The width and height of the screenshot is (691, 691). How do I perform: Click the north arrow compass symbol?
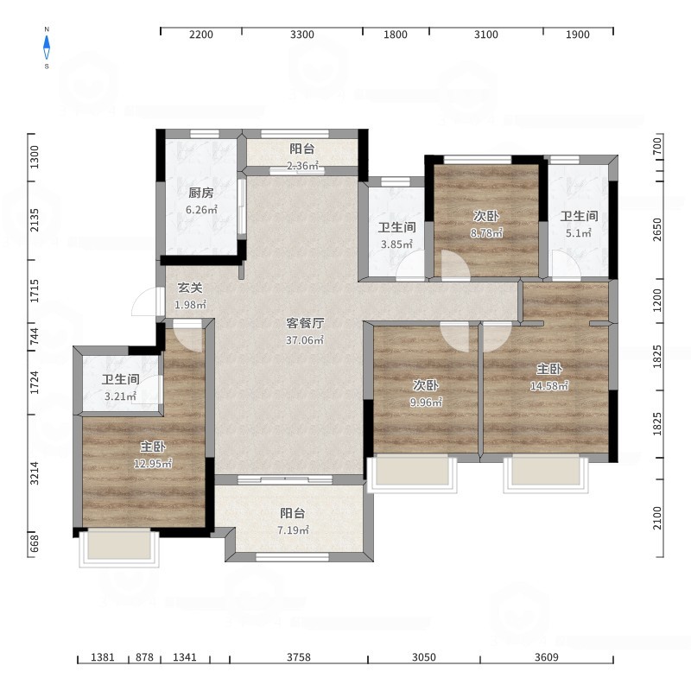click(x=47, y=48)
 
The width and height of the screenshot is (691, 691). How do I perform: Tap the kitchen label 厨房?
click(x=201, y=193)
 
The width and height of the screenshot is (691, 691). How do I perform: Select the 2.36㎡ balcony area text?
click(x=302, y=166)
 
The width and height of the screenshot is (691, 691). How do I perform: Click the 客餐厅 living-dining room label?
click(x=305, y=323)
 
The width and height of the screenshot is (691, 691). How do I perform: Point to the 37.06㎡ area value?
click(x=305, y=339)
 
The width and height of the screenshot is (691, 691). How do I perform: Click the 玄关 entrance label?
click(x=190, y=288)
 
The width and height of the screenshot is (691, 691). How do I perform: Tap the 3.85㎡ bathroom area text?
click(x=396, y=244)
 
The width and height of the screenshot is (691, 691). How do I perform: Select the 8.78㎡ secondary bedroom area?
click(x=486, y=232)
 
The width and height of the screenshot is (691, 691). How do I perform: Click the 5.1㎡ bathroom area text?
click(x=579, y=232)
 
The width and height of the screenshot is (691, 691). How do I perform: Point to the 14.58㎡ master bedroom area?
click(x=549, y=385)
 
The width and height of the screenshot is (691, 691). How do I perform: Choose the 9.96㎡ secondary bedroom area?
click(x=426, y=402)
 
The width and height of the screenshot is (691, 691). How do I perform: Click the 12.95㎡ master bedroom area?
click(x=153, y=463)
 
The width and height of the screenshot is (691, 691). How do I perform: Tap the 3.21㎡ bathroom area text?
click(x=120, y=396)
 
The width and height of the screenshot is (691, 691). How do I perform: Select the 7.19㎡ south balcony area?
click(x=293, y=529)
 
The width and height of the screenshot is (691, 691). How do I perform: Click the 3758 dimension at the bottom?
click(x=299, y=657)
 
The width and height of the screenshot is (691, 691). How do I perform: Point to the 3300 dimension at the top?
click(x=301, y=35)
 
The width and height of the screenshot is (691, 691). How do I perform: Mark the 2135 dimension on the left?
click(x=35, y=220)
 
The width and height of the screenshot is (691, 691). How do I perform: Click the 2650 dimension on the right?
click(x=657, y=230)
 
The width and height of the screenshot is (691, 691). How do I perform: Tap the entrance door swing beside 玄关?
click(x=144, y=301)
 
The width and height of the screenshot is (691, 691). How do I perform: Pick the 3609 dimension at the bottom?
click(x=547, y=657)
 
